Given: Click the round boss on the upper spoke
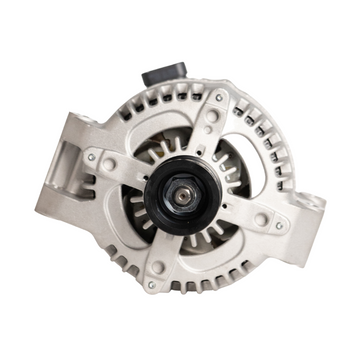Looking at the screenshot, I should tap(210, 117).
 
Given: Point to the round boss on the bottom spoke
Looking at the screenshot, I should tap(158, 267).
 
